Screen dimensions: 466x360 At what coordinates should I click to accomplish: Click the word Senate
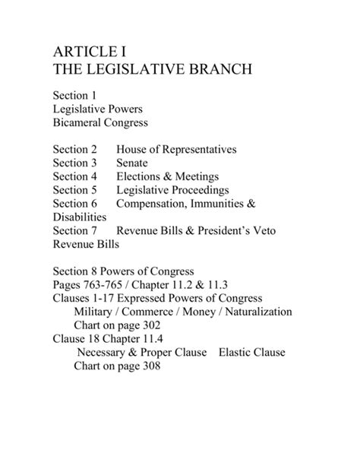[x=132, y=163]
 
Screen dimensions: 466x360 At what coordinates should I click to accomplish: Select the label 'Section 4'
[x=76, y=176]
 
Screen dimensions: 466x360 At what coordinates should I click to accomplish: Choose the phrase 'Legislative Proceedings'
[x=172, y=190]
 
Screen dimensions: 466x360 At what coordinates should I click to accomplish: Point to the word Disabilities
[x=80, y=217]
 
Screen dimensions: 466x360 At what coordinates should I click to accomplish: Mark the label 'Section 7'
[x=76, y=231]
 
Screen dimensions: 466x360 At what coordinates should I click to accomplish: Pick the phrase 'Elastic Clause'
[x=251, y=352]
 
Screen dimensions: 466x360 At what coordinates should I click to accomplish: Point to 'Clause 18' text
[x=78, y=339]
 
